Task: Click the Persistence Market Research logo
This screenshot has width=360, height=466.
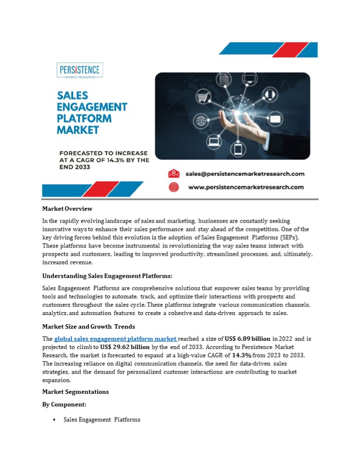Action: point(80,70)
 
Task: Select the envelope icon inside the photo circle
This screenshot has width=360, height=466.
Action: point(276,118)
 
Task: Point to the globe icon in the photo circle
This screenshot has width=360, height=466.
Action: point(200,120)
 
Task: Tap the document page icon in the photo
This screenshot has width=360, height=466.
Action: point(224,79)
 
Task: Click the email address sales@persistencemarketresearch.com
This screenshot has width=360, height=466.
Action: point(245,174)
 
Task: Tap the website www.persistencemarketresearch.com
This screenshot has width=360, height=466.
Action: point(245,187)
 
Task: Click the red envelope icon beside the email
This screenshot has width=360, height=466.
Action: point(174,174)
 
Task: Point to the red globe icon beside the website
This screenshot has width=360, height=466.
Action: point(174,187)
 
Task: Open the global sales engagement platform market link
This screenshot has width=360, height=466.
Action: point(116,338)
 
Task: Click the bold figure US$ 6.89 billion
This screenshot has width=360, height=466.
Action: point(247,338)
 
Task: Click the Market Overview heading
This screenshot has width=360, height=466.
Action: point(67,209)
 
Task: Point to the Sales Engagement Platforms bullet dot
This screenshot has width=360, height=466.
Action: point(54,419)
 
